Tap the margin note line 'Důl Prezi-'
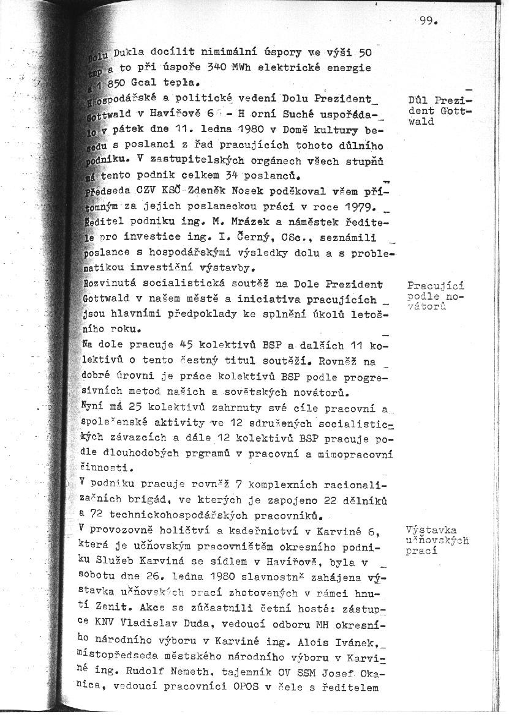pyautogui.click(x=440, y=101)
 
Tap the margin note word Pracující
pyautogui.click(x=435, y=286)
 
